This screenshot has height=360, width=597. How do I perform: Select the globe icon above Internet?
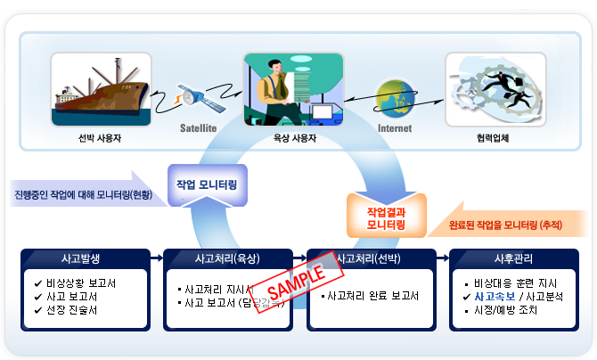click(394, 100)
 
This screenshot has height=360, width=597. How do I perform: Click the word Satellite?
click(199, 128)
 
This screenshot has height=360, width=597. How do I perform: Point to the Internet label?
click(396, 128)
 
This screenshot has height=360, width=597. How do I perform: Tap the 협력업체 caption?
click(494, 139)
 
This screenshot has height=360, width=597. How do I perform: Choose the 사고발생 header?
click(85, 259)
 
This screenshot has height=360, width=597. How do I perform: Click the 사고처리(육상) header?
click(227, 259)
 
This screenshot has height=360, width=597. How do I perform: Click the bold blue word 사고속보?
click(500, 297)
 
